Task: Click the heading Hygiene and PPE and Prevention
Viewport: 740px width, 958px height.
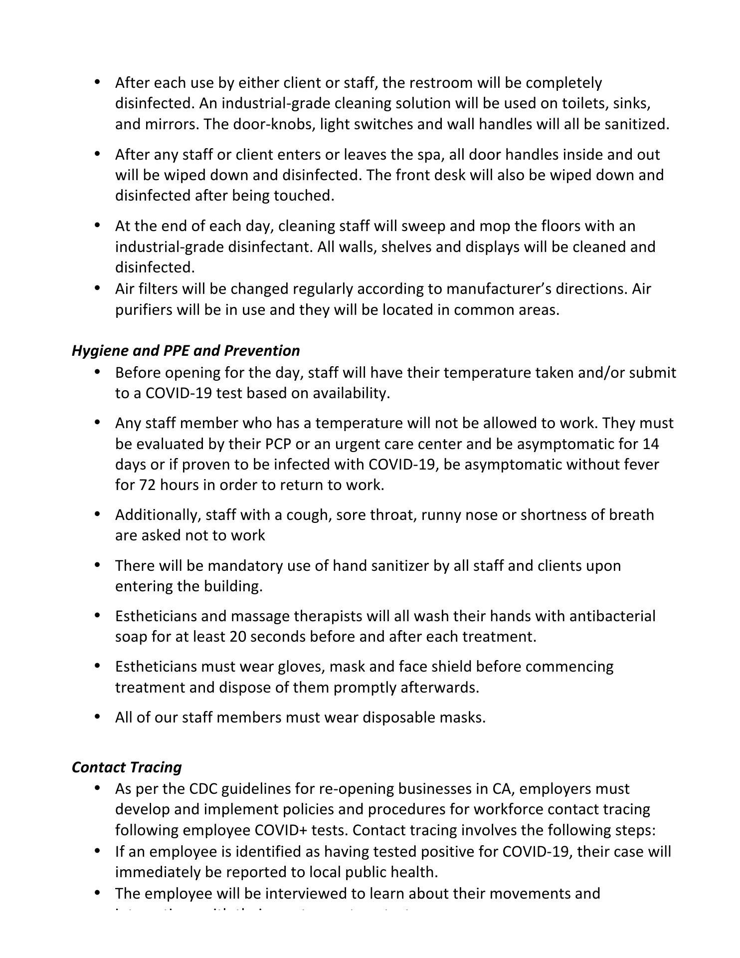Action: (x=185, y=351)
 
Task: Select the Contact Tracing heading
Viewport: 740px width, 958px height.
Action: (x=127, y=767)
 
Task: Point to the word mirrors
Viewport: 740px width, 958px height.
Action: (x=172, y=124)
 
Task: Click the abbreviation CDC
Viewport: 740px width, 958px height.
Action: (x=202, y=789)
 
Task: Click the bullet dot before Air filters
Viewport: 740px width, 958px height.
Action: (x=98, y=288)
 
